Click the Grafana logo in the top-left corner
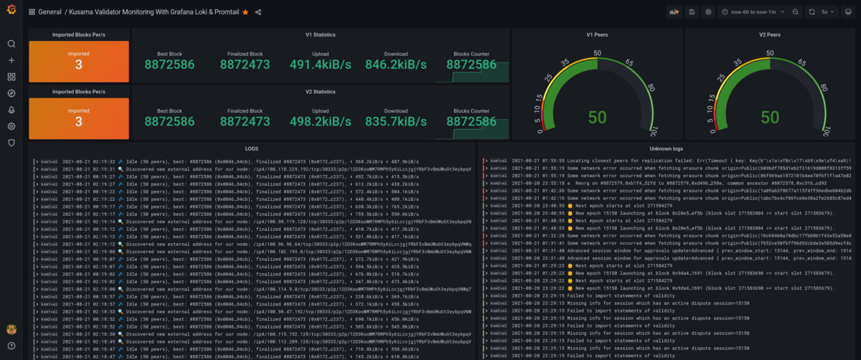pos(11,11)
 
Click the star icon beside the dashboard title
pos(245,12)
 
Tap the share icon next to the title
pos(258,12)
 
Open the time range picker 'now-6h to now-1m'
pos(753,12)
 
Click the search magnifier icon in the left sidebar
pos(11,44)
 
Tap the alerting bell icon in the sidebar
pos(11,110)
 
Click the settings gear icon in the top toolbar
pos(708,12)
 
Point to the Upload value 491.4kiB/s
pos(321,65)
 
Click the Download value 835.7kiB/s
pos(395,122)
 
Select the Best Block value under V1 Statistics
pos(169,65)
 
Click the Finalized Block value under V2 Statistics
pos(245,122)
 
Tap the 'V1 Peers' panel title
pos(598,34)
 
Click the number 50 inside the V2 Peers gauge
pos(773,117)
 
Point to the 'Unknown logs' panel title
pos(665,148)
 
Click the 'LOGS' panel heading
pos(251,148)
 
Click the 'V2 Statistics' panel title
pos(320,92)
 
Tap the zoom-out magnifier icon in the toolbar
pos(795,12)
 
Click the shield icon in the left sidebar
pos(11,143)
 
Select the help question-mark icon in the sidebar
pos(11,346)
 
